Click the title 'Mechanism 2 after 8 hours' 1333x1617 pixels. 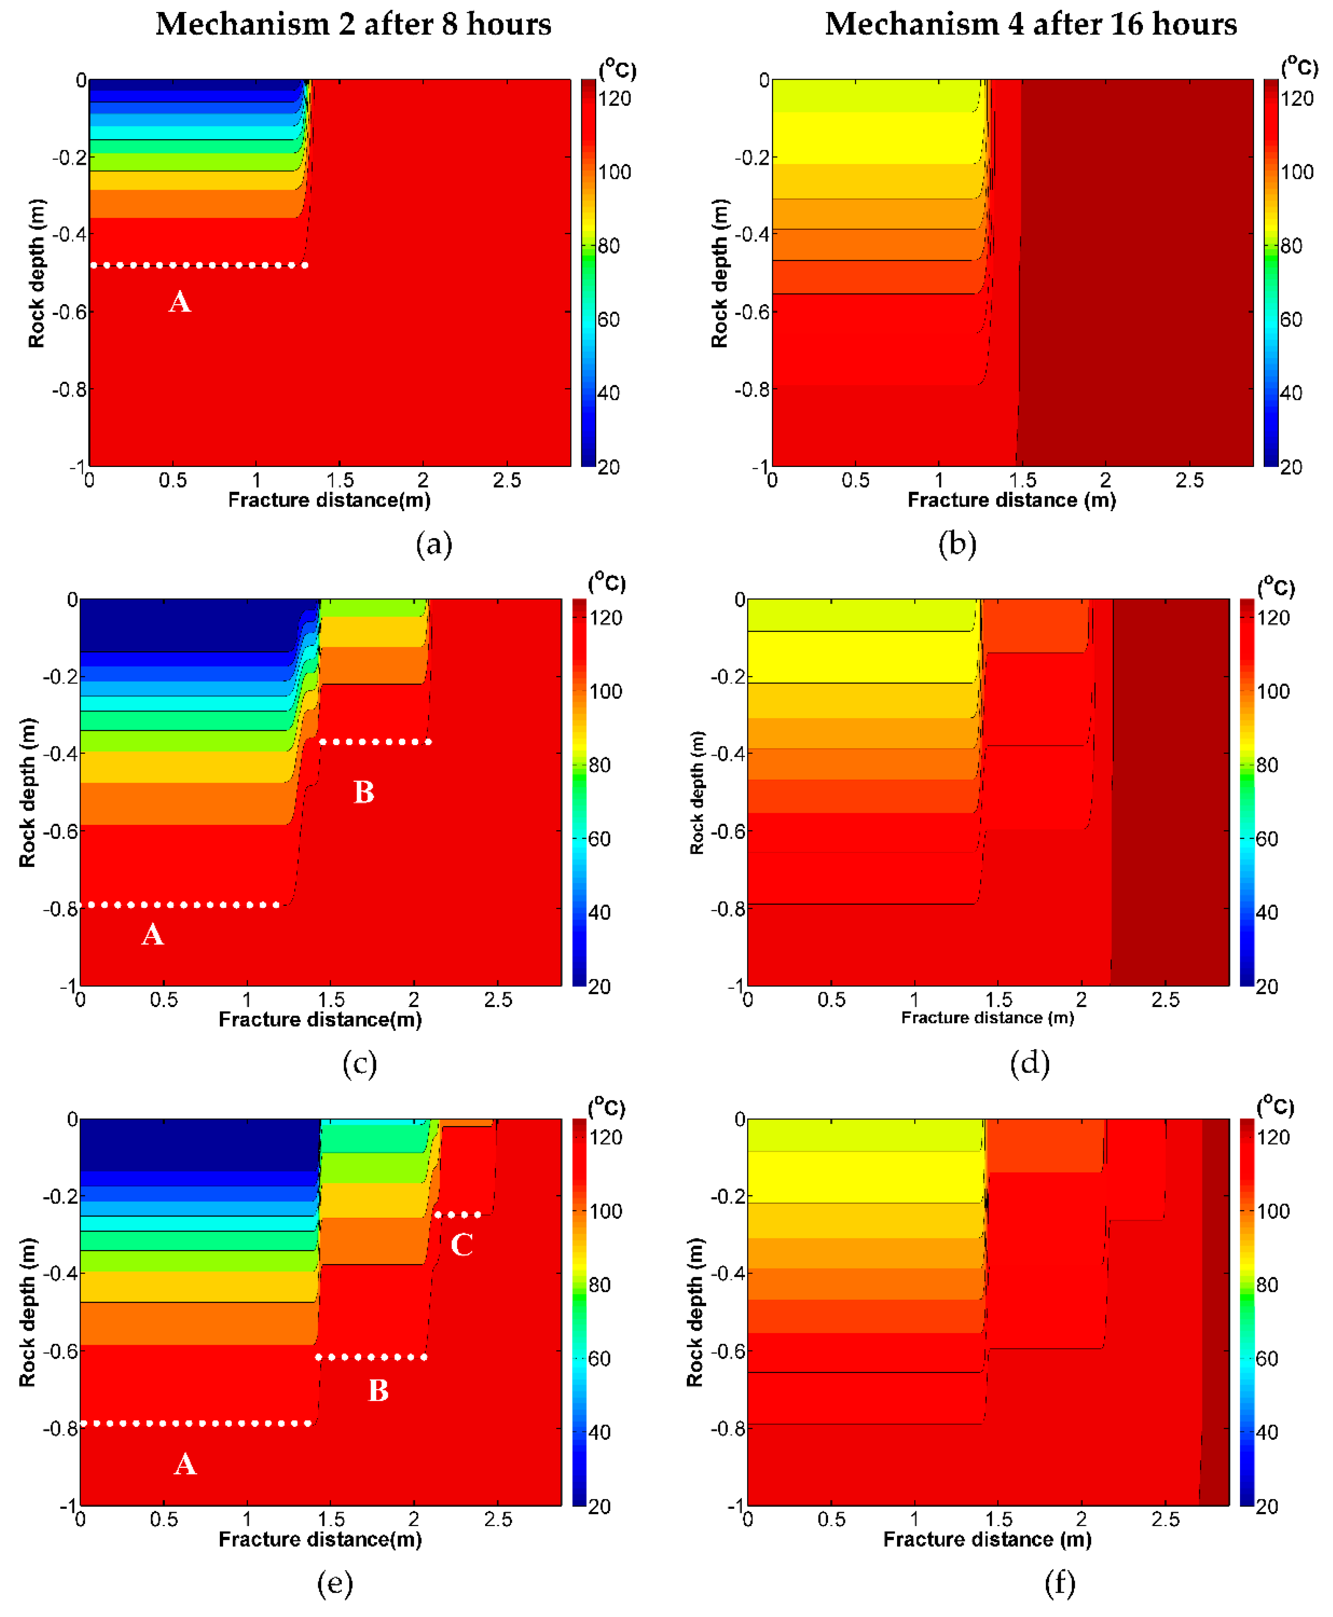353,24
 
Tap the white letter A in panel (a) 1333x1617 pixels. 180,302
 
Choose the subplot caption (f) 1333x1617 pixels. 1059,1582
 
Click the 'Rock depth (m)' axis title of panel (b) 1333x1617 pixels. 719,273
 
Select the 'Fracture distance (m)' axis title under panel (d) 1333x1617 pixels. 988,1018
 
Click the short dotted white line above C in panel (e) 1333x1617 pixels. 458,1215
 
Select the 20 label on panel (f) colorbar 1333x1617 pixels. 1267,1506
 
